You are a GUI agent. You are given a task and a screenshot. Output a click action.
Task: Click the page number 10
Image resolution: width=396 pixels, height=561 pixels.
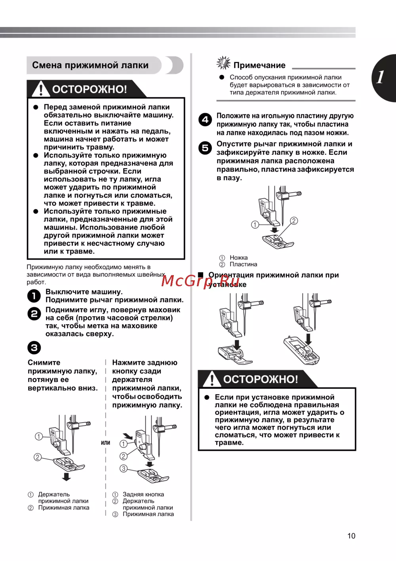[x=351, y=536]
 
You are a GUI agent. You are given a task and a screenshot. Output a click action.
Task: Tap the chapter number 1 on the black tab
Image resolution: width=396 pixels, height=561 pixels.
[x=380, y=77]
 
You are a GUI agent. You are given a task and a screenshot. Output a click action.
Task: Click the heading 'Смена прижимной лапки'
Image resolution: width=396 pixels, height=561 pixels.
[x=90, y=65]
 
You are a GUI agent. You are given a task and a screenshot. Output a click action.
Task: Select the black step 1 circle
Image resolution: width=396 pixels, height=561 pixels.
[x=34, y=296]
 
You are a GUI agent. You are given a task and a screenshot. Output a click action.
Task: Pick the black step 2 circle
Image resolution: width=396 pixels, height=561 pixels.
[x=34, y=314]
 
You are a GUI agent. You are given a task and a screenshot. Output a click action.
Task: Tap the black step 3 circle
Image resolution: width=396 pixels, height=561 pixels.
[x=34, y=348]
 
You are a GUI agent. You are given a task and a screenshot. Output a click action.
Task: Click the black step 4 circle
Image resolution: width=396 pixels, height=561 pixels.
[x=205, y=120]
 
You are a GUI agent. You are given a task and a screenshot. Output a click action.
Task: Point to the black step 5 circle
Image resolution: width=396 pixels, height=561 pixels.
[x=205, y=148]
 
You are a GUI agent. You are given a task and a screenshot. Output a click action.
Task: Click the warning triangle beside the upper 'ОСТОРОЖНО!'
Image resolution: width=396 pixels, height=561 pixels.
[x=40, y=89]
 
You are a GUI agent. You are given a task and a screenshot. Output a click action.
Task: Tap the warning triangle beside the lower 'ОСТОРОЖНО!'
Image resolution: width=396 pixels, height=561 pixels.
[x=212, y=379]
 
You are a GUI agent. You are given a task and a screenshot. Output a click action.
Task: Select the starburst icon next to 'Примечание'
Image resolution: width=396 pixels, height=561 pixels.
[x=223, y=63]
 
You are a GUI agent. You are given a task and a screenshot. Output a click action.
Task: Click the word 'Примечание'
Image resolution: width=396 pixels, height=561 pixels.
[x=259, y=65]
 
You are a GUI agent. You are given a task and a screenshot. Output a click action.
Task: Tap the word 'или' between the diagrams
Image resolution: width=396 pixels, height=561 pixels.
[x=105, y=443]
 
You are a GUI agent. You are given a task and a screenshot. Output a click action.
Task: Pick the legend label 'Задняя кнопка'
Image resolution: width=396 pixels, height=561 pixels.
[x=143, y=494]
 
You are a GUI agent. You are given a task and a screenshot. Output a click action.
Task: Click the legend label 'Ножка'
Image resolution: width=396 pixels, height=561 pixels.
[x=238, y=257]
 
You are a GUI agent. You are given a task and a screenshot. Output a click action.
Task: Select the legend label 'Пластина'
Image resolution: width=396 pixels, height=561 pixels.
[x=243, y=264]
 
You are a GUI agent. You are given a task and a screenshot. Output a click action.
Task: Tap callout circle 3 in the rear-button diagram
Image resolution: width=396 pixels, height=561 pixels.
[x=124, y=468]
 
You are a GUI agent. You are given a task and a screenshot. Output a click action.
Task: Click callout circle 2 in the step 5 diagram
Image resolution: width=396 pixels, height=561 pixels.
[x=294, y=221]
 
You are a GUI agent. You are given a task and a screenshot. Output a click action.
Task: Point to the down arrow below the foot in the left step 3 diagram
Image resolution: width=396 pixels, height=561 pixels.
[x=67, y=476]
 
